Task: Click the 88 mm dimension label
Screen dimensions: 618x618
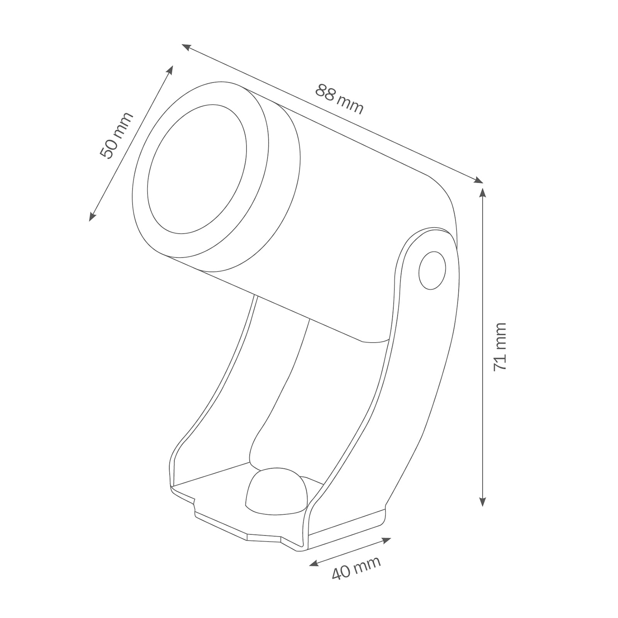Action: (340, 99)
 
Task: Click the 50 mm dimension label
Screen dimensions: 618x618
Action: (116, 136)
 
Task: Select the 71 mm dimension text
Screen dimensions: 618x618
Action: (500, 347)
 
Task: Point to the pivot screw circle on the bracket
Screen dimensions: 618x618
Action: (432, 270)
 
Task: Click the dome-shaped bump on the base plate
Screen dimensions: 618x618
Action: (277, 491)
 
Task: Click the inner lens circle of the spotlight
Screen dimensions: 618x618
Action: (197, 169)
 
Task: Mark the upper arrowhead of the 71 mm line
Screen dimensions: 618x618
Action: (482, 192)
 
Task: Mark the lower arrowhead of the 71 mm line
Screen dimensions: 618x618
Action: (482, 501)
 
